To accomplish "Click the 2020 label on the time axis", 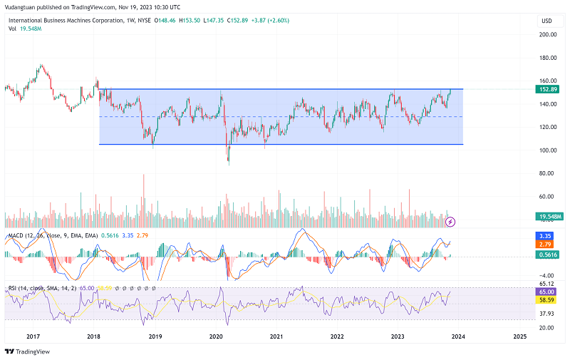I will tap(216, 336).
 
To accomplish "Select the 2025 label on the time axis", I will tap(519, 336).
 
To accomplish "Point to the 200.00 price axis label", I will tap(548, 34).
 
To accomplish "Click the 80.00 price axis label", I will tap(548, 173).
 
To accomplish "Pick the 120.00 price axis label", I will tap(548, 127).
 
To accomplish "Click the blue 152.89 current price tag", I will tap(549, 89).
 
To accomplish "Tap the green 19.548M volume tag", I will tap(549, 216).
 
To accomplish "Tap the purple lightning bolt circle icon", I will tap(450, 222).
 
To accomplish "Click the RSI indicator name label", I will tap(12, 288).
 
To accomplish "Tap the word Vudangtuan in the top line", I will tap(21, 6).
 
